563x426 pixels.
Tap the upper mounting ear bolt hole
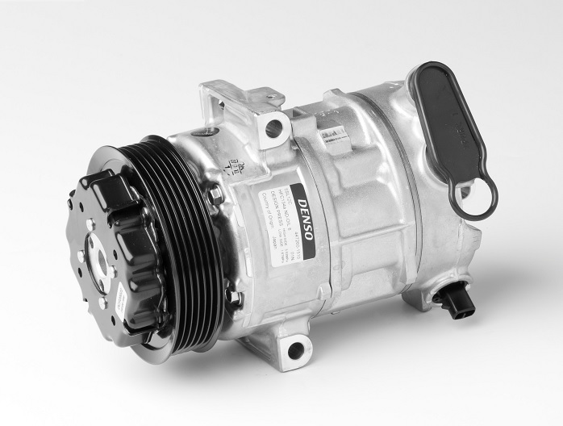(x=273, y=126)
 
